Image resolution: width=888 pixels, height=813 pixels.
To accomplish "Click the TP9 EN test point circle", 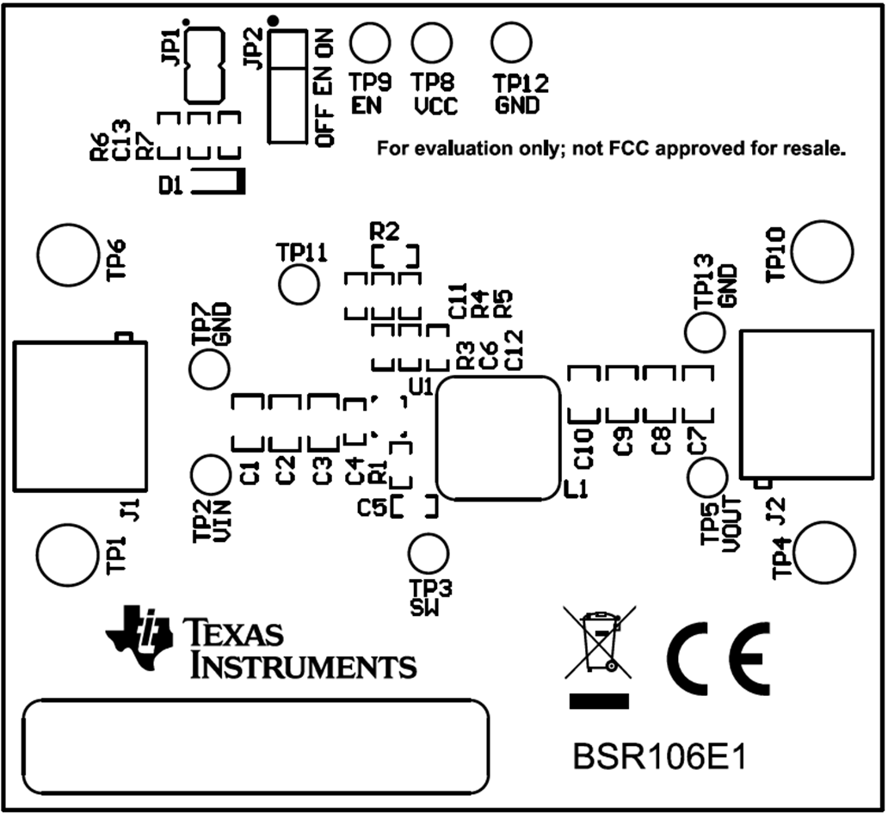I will click(371, 40).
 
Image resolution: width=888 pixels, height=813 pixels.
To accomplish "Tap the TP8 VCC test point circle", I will click(432, 40).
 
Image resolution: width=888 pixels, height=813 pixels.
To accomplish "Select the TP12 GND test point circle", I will click(511, 40).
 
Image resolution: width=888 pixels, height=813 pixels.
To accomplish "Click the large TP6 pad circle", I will click(67, 255).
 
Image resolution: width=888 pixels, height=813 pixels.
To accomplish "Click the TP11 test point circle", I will click(300, 284).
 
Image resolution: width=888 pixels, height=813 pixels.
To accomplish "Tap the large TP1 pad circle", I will click(67, 552).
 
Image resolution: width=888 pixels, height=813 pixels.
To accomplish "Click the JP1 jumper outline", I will click(205, 64).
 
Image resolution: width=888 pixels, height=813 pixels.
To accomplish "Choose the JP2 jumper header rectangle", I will click(288, 86).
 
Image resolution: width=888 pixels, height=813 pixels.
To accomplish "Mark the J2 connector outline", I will click(806, 403).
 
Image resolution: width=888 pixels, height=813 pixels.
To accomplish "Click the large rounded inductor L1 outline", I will click(498, 438).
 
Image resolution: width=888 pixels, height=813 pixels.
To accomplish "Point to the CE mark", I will click(718, 659).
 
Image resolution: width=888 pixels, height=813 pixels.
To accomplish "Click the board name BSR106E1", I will click(658, 759).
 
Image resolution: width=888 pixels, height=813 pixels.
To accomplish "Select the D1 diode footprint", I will click(218, 182).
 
